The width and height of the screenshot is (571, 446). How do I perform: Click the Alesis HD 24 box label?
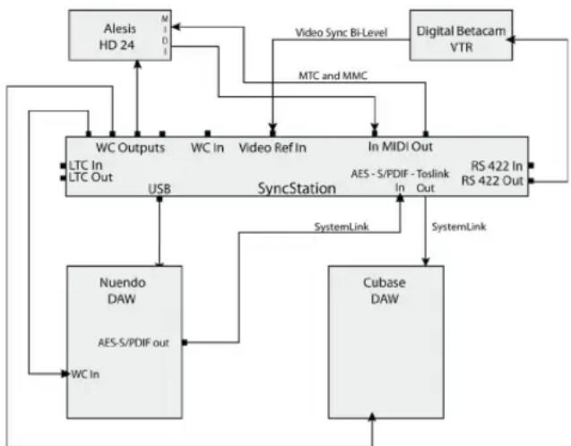tap(117, 37)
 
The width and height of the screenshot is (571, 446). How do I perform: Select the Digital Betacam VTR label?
tap(461, 39)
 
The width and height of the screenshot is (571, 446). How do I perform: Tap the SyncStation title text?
tap(297, 188)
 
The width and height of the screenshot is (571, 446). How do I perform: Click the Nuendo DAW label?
tap(122, 291)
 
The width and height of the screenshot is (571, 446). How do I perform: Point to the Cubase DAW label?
tap(385, 291)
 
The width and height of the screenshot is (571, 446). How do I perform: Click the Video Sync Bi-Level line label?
tap(342, 33)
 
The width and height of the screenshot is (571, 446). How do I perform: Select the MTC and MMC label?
tap(333, 75)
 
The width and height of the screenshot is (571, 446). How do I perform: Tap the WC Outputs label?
tap(130, 148)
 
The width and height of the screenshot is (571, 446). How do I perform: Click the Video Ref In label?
tap(273, 148)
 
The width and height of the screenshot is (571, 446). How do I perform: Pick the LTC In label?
tap(86, 166)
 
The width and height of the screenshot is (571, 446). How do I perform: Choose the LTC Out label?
tap(91, 177)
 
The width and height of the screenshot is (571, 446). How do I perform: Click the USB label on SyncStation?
tap(160, 189)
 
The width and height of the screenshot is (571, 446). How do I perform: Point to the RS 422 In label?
tap(497, 167)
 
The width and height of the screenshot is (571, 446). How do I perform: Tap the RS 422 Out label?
tap(492, 181)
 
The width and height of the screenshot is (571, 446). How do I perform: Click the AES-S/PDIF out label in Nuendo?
tap(134, 343)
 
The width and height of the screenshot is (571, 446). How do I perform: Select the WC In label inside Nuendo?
tap(85, 374)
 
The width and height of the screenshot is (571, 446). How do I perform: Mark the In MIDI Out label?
tap(401, 147)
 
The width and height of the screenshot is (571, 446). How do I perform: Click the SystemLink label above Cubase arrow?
tap(459, 227)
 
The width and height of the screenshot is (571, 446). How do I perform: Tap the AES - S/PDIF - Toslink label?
tap(400, 174)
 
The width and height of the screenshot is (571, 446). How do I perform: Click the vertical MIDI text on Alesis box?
tap(165, 35)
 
